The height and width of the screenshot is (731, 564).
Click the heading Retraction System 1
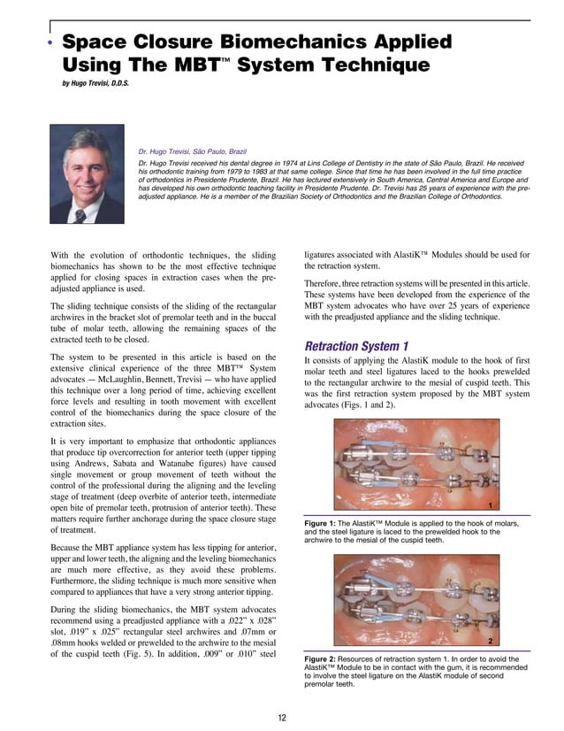[362, 344]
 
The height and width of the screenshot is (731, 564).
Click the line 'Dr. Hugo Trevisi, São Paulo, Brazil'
[196, 150]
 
